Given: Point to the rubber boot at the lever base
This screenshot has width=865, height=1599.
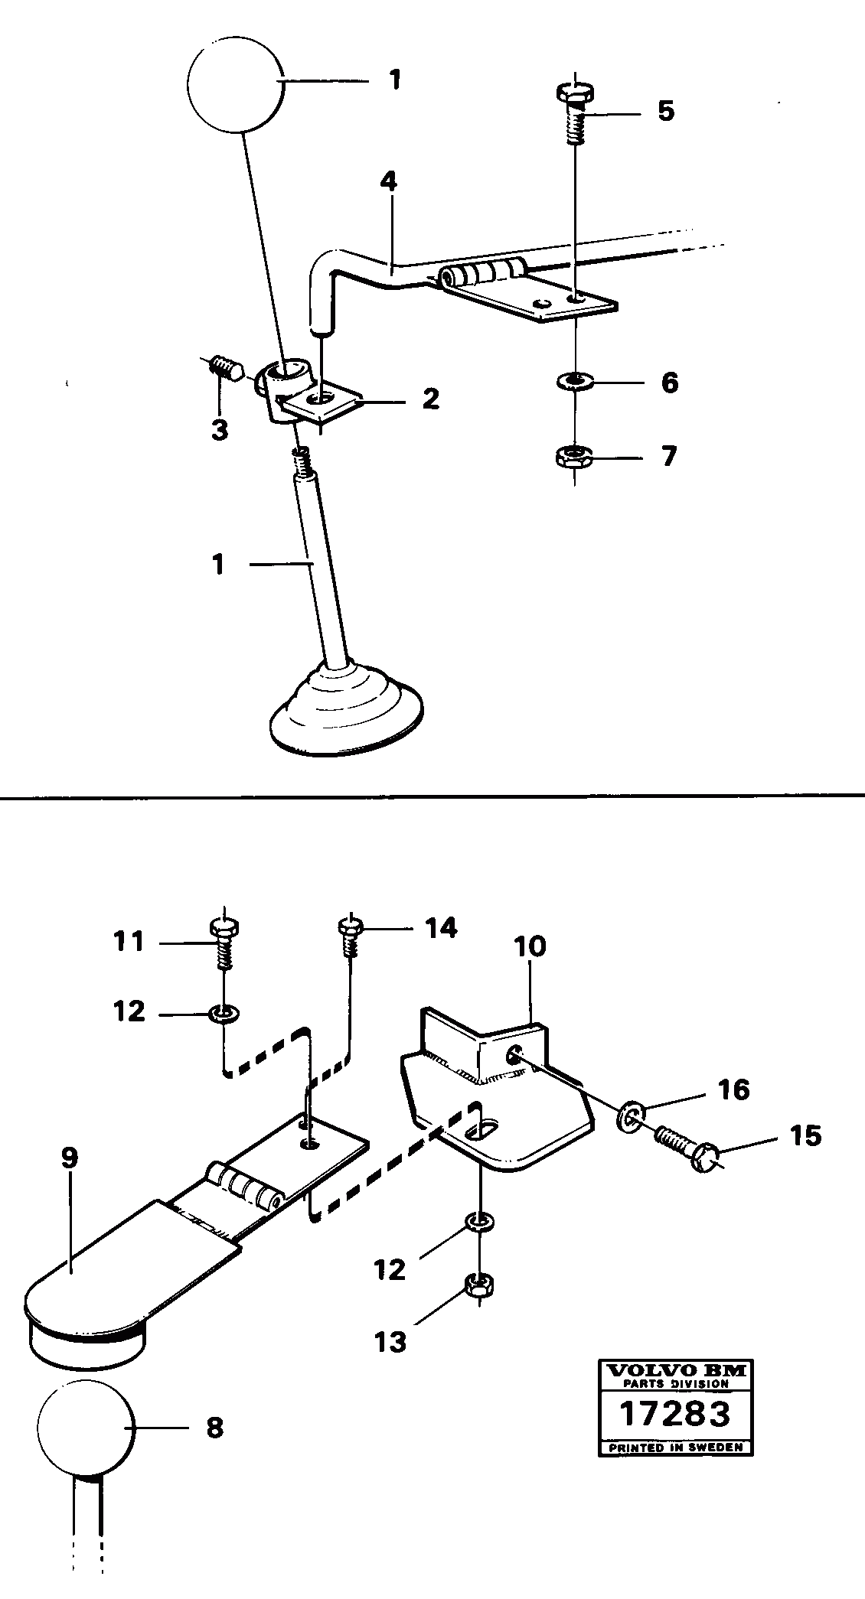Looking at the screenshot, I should tap(346, 708).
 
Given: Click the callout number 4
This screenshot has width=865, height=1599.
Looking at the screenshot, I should tap(389, 182).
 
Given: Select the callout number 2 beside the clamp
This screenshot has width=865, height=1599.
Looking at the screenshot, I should tap(430, 398).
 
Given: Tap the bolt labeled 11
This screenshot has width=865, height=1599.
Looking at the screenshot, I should tap(224, 940).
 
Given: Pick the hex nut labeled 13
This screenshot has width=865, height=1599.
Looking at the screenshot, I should tap(479, 1291).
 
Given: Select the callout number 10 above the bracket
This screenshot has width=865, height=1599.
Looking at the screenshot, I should tap(530, 946).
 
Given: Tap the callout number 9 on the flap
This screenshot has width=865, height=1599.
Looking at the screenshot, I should tap(70, 1158).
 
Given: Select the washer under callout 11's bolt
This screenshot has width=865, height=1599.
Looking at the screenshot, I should tap(224, 1014).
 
